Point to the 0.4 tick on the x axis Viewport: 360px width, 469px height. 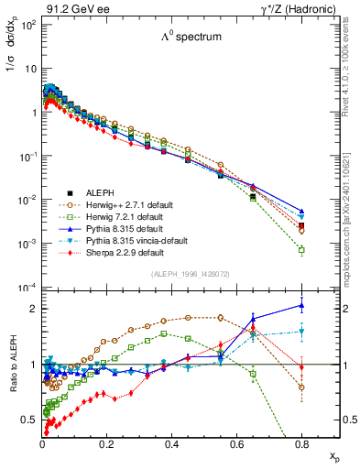(x=171, y=442)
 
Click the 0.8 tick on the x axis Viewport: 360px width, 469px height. (x=301, y=442)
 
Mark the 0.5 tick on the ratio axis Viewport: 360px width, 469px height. (x=30, y=420)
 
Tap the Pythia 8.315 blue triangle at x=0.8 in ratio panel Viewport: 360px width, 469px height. (x=301, y=306)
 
